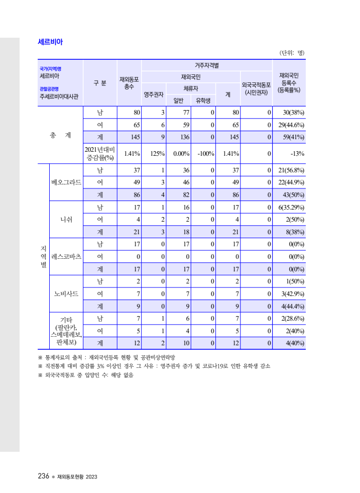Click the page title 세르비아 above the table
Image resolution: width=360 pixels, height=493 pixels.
pos(50,42)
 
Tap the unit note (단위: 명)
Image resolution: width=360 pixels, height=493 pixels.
pos(292,53)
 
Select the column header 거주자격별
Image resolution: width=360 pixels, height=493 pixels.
pos(207,65)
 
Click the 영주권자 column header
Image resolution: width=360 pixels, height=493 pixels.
pos(154,93)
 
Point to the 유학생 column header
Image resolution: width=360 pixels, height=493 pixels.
pos(203,100)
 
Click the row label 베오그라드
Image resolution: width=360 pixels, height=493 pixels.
pos(66,182)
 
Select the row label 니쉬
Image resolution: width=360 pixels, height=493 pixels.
pos(66,219)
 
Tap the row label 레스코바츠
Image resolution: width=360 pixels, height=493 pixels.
pos(66,256)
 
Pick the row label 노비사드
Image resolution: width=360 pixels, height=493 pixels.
pos(66,293)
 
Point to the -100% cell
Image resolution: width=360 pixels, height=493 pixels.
pos(206,154)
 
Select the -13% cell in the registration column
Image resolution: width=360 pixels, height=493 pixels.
pos(297,154)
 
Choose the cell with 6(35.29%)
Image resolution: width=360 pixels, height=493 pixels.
pos(290,207)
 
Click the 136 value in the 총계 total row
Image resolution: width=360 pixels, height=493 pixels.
pos(181,137)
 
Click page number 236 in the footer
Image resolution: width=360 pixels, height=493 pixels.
pos(43,476)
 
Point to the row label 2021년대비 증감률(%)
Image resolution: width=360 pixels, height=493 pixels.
pos(100,154)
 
